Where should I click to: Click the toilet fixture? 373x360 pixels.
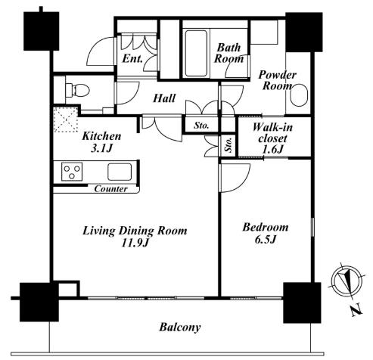pos(77,90)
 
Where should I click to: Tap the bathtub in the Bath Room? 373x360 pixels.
pos(196,54)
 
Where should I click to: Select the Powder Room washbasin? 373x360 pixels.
pos(299,95)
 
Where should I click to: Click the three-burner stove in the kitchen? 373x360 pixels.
pos(72,172)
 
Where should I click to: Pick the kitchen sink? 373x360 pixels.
pos(120,172)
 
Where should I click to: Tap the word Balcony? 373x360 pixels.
pos(180,327)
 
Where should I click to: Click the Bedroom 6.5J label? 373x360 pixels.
pos(266,233)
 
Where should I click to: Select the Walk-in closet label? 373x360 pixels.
pos(273,138)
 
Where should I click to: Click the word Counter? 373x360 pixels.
pos(110,189)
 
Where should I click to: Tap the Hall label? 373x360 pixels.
pos(164,98)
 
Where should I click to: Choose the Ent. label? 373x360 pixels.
pos(132,59)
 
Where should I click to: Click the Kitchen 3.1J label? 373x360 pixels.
pos(101,142)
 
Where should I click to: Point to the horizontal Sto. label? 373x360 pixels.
pos(201,126)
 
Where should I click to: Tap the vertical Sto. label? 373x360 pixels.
pos(228,145)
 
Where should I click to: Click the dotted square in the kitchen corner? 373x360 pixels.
pos(66,119)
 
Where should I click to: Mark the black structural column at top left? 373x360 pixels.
pos(42,31)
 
